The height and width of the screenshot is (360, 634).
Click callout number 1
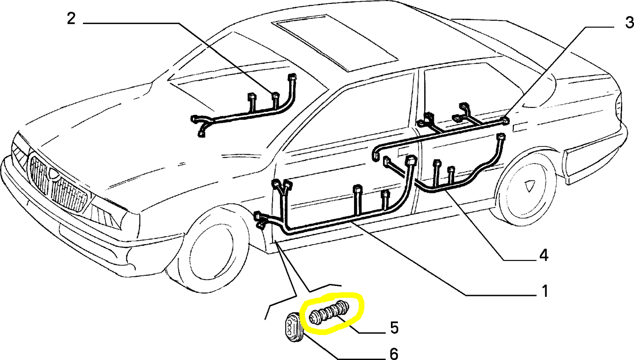(x=544, y=291)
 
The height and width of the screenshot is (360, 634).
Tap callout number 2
(x=71, y=19)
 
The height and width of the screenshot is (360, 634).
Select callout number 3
(x=629, y=22)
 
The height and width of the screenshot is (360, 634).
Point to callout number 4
(x=544, y=255)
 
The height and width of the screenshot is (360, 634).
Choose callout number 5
(x=394, y=328)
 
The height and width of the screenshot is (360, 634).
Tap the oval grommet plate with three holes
(x=290, y=327)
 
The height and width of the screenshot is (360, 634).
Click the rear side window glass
(x=461, y=92)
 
